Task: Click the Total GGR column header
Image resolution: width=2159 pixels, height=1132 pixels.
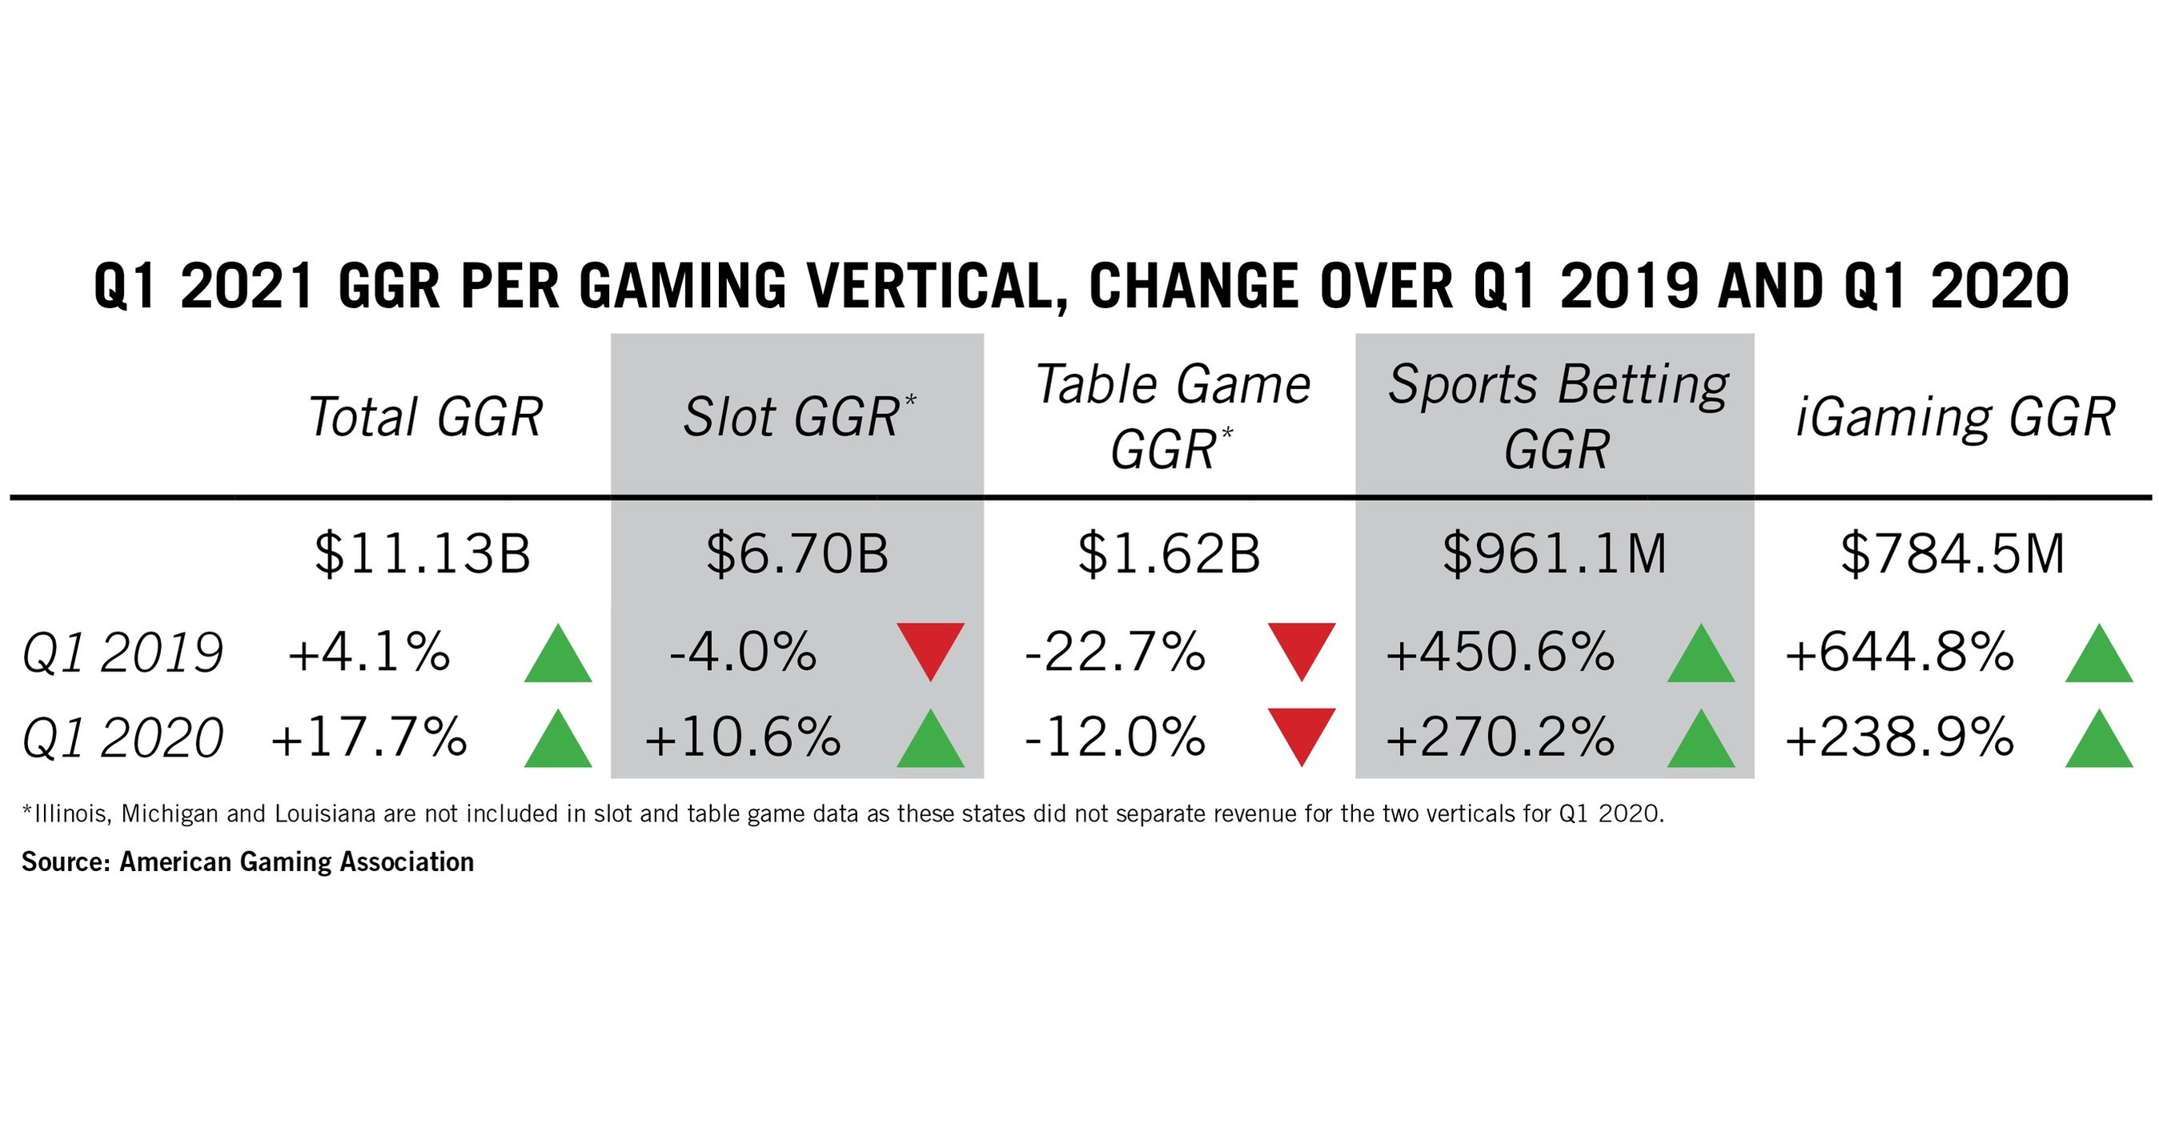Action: point(426,416)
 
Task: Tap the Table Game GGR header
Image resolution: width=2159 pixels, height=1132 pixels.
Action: point(1172,416)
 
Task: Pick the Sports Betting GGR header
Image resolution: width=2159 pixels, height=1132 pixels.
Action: point(1556,416)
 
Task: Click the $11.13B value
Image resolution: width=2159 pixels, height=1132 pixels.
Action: point(423,554)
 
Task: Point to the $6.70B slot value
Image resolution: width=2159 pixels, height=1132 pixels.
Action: point(797,554)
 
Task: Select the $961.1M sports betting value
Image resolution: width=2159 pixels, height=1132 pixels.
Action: point(1555,554)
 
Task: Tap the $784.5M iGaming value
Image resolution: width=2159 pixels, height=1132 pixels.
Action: point(1952,554)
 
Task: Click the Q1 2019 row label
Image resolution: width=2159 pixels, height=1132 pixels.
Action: point(123,653)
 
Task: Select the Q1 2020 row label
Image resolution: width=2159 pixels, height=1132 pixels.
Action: point(123,738)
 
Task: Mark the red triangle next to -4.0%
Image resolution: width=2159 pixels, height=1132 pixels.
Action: point(930,648)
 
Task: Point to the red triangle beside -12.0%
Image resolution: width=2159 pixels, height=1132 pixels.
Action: point(1302,733)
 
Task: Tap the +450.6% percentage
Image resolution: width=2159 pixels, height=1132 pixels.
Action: point(1500,652)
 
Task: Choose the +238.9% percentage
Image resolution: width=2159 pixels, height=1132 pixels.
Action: point(1899,738)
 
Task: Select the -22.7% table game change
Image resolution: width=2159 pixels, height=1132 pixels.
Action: point(1114,652)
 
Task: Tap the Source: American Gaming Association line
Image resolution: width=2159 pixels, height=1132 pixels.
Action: point(248,862)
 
